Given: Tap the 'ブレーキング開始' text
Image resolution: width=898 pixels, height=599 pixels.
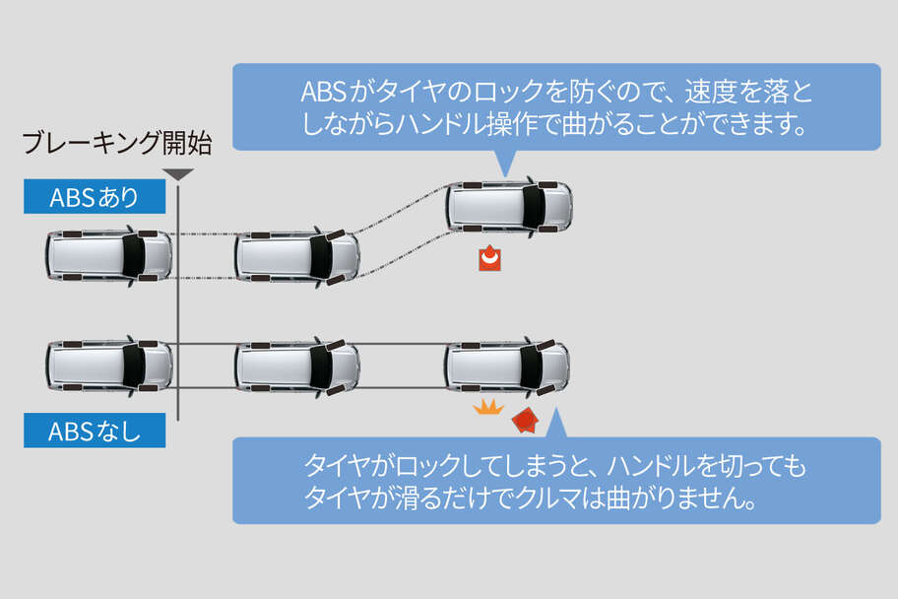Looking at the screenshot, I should tap(117, 145).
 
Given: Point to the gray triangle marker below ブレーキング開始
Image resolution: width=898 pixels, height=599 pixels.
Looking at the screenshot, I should tap(177, 174).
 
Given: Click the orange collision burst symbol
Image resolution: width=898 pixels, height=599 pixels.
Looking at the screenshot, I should tap(488, 407).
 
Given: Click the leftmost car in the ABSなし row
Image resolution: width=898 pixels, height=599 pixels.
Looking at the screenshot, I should tap(107, 366).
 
